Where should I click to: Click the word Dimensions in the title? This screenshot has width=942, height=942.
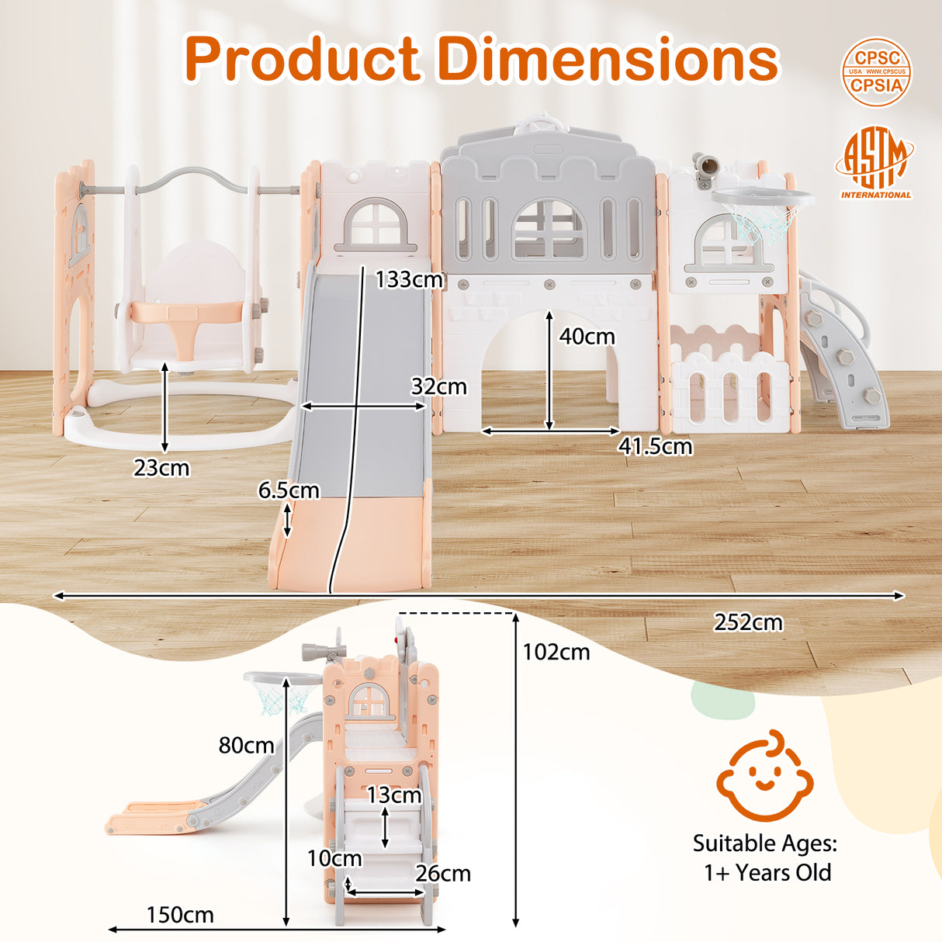pyautogui.click(x=608, y=59)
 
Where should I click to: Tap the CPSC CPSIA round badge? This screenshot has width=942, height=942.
pyautogui.click(x=876, y=72)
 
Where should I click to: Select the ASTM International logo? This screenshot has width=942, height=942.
pyautogui.click(x=875, y=164)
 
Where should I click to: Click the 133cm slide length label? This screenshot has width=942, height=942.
pyautogui.click(x=409, y=279)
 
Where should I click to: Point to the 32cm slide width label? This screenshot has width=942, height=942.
pyautogui.click(x=438, y=386)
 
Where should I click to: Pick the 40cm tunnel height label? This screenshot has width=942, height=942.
pyautogui.click(x=587, y=337)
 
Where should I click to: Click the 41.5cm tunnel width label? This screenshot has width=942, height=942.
pyautogui.click(x=655, y=447)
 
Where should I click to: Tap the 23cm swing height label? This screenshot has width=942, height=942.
pyautogui.click(x=161, y=468)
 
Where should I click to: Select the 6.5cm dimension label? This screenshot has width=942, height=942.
pyautogui.click(x=288, y=490)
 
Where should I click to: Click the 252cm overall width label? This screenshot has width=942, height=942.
pyautogui.click(x=748, y=622)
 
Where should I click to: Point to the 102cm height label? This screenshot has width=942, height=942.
pyautogui.click(x=556, y=653)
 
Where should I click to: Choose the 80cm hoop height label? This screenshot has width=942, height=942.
pyautogui.click(x=246, y=746)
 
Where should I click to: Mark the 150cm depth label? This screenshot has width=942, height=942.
pyautogui.click(x=180, y=916)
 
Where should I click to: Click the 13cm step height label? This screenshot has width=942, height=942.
pyautogui.click(x=394, y=795)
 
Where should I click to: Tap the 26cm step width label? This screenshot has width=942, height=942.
pyautogui.click(x=443, y=874)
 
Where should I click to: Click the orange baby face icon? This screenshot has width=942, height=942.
pyautogui.click(x=764, y=776)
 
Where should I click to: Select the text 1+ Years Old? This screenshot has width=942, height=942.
pyautogui.click(x=767, y=873)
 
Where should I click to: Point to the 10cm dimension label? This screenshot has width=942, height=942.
pyautogui.click(x=334, y=858)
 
